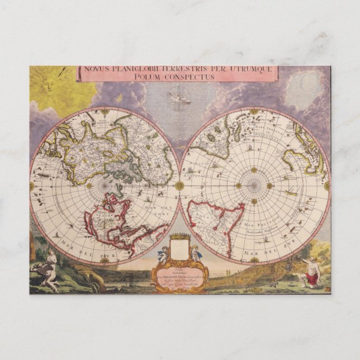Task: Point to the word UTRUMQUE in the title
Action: pyautogui.click(x=250, y=69)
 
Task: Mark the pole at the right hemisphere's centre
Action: pyautogui.click(x=254, y=185)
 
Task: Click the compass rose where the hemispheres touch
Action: pyautogui.click(x=179, y=185)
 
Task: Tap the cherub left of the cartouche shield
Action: pyautogui.click(x=162, y=255)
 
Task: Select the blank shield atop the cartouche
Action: pyautogui.click(x=179, y=245)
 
